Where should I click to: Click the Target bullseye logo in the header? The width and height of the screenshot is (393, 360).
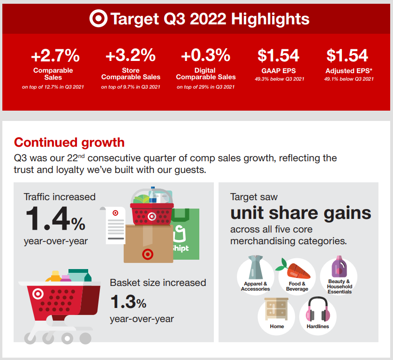[98, 18]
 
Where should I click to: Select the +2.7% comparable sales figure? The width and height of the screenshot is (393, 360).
[55, 55]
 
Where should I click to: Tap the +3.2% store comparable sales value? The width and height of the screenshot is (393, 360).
[130, 55]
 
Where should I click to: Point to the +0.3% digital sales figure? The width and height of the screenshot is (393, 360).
[205, 55]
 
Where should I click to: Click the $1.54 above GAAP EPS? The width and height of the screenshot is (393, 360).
[279, 55]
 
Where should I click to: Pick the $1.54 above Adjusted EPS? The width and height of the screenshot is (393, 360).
[347, 55]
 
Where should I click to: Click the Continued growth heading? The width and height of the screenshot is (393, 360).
[69, 143]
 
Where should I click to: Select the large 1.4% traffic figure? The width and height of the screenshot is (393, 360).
[55, 218]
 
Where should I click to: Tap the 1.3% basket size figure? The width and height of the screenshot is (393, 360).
[128, 302]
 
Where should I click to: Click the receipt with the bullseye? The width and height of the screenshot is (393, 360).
[113, 225]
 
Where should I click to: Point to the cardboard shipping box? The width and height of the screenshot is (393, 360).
[148, 244]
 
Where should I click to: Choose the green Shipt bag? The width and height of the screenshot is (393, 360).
[185, 234]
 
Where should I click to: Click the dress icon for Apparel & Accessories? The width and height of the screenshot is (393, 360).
[256, 267]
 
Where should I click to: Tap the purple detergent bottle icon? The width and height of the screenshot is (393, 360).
[339, 267]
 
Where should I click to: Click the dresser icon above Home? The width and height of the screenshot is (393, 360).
[276, 309]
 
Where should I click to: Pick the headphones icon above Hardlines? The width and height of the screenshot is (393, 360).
[318, 309]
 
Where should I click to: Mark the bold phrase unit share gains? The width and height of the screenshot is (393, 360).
[301, 213]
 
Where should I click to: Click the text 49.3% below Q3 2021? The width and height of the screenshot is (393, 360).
[280, 79]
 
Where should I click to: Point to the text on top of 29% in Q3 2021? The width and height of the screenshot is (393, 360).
[205, 87]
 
